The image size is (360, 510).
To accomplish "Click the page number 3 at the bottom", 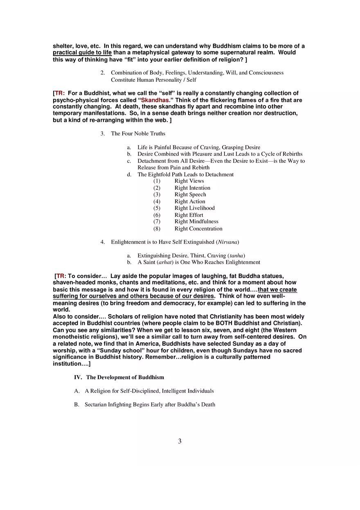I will [x=180, y=441].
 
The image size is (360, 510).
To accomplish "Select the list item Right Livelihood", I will [x=194, y=208].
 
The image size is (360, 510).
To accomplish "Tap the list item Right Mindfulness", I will [x=196, y=222].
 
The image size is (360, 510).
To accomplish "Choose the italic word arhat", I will [x=164, y=263].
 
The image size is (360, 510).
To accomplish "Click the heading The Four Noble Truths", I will [x=138, y=134].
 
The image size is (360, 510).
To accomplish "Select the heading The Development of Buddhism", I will [x=125, y=377].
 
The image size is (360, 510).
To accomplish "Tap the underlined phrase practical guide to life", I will [x=82, y=53].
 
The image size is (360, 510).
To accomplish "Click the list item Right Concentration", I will [x=198, y=229].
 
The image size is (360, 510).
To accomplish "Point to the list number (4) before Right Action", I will [x=157, y=202].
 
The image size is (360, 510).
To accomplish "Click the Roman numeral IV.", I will [x=78, y=377].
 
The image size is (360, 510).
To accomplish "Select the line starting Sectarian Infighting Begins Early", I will [x=150, y=405].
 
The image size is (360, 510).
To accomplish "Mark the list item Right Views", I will [x=189, y=181].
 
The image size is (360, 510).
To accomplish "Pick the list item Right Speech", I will [x=190, y=195].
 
